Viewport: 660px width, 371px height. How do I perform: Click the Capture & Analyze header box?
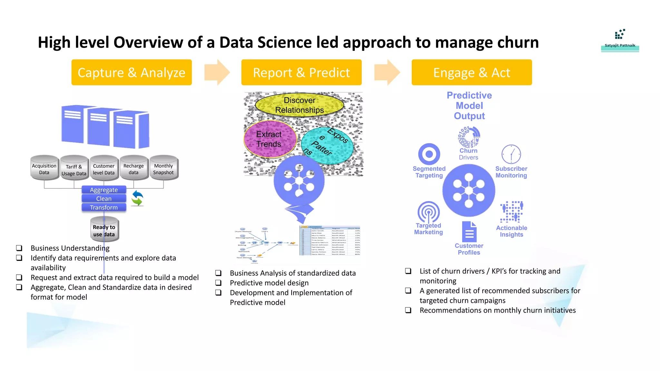click(131, 72)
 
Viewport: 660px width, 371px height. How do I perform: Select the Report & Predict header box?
click(301, 72)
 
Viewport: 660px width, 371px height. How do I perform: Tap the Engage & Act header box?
click(471, 72)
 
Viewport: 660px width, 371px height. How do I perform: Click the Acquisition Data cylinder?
click(44, 168)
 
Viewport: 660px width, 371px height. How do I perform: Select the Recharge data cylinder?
click(134, 168)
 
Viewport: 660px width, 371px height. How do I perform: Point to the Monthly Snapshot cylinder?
click(163, 168)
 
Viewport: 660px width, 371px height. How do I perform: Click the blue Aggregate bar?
click(104, 190)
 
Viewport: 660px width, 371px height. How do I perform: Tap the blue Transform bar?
click(104, 207)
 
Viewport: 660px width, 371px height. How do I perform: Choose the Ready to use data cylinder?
click(104, 229)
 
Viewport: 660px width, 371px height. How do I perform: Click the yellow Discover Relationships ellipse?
click(299, 105)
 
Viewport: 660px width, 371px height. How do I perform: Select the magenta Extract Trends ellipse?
click(270, 139)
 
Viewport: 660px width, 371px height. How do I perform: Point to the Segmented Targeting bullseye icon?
click(429, 154)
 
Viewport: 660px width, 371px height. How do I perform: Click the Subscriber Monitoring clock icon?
click(511, 154)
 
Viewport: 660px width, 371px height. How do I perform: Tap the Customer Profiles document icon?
click(469, 232)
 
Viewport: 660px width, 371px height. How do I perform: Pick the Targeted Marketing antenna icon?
click(428, 212)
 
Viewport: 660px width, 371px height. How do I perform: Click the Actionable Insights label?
click(511, 231)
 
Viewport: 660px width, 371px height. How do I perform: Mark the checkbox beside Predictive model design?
click(218, 283)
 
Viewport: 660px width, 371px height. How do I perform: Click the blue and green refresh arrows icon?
click(137, 198)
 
